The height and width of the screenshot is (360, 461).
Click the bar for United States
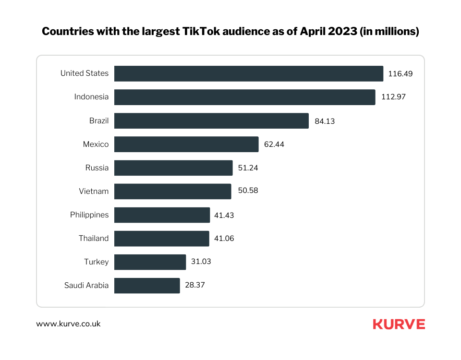tap(249, 73)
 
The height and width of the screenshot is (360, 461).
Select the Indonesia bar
tap(244, 97)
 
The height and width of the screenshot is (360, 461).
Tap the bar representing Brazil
tap(211, 121)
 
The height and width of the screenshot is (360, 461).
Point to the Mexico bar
tap(186, 144)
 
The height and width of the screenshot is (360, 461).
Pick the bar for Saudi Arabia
tap(147, 286)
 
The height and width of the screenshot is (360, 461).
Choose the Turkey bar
tap(150, 262)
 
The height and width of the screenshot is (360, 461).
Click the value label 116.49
tap(400, 74)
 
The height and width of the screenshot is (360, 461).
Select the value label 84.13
tap(325, 121)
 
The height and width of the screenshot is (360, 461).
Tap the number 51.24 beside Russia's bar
tap(248, 168)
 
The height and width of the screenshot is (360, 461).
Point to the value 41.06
tap(224, 239)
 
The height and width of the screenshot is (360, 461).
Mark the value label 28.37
tap(195, 286)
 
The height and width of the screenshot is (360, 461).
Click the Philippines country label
tap(89, 215)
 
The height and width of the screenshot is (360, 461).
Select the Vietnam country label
tap(94, 192)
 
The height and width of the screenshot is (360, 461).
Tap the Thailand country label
tap(94, 239)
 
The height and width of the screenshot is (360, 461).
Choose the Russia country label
tap(97, 168)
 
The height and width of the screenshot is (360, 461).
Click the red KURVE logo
tap(399, 324)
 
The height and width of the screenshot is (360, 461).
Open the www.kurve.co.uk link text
tap(69, 324)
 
